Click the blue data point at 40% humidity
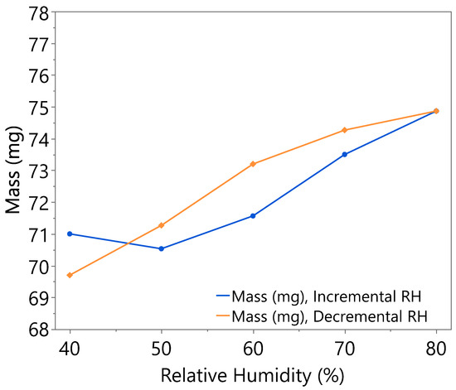coord(70,234)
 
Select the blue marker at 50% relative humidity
coord(161,248)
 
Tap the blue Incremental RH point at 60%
coord(253,215)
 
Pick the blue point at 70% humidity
coord(344,154)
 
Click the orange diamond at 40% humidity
coord(70,275)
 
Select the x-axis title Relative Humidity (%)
coord(253,374)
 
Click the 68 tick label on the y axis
coord(36,330)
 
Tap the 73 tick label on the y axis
coord(36,171)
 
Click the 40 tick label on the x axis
coord(70,347)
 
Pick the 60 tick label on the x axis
coord(253,347)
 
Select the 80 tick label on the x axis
coord(436,347)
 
